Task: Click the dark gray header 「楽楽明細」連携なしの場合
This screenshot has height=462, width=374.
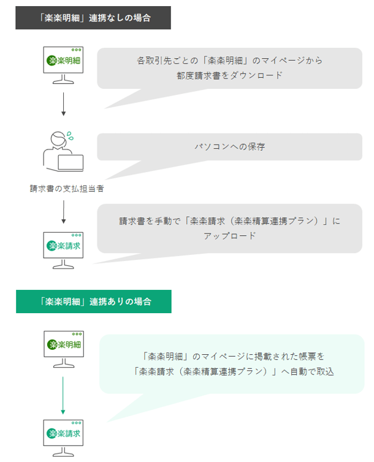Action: point(93,18)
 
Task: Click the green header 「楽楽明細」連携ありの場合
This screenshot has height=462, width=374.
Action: point(94,301)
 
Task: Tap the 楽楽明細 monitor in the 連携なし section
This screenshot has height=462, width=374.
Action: point(63,65)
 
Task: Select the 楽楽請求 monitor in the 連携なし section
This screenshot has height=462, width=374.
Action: point(63,251)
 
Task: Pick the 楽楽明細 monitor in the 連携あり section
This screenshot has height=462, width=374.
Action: point(64,349)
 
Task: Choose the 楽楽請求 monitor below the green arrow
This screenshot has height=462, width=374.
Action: point(63,438)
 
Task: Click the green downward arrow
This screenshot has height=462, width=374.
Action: point(63,395)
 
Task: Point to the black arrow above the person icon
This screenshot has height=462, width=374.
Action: point(63,104)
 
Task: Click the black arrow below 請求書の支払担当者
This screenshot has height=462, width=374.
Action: point(63,212)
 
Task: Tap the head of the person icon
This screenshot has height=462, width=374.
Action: point(58,138)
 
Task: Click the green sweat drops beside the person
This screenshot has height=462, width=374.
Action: point(70,136)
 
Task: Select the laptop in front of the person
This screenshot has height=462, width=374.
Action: point(71,162)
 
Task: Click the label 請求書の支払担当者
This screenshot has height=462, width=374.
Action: point(67,189)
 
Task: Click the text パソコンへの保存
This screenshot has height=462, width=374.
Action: point(229,146)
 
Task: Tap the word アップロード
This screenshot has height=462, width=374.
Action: point(229,236)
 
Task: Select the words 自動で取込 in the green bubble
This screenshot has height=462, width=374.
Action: point(312,371)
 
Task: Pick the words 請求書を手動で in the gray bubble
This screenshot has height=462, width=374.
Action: point(150,221)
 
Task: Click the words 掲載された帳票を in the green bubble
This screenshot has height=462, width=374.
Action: point(289,356)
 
